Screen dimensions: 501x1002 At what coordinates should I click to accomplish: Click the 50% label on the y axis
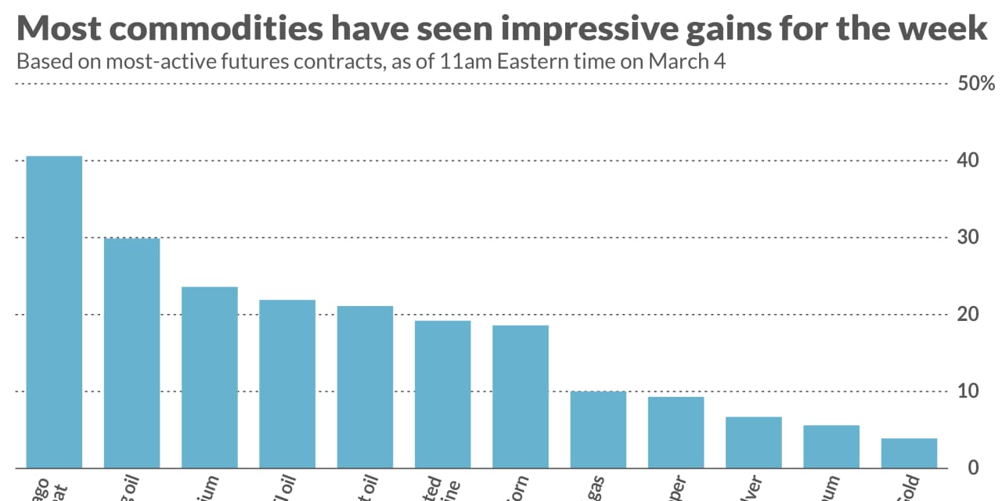pos(976,84)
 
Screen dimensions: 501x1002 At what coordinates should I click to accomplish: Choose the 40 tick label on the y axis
pos(968,160)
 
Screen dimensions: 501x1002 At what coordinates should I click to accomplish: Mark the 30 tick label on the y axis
pos(968,237)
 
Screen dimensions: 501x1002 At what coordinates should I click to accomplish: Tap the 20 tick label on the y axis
pos(968,314)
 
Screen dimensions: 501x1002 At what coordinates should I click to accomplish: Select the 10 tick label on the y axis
pos(968,391)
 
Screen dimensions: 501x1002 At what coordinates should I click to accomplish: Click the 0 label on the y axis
pos(973,467)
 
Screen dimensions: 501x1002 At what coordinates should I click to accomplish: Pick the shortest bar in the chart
pos(909,453)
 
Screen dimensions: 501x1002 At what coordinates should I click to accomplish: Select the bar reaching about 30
pos(132,353)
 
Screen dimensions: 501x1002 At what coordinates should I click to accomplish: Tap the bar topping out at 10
pos(598,430)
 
